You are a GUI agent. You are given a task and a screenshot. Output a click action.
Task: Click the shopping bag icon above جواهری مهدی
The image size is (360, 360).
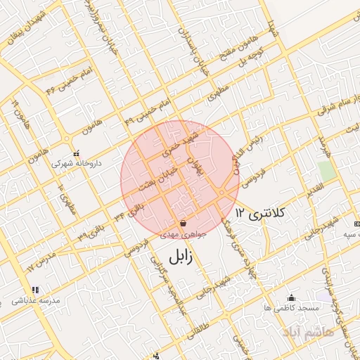pos(183,224)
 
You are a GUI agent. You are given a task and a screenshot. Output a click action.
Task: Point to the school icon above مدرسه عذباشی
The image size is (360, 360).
pos(34,290)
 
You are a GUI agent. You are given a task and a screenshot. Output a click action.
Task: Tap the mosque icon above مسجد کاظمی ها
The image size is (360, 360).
pos(292,298)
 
